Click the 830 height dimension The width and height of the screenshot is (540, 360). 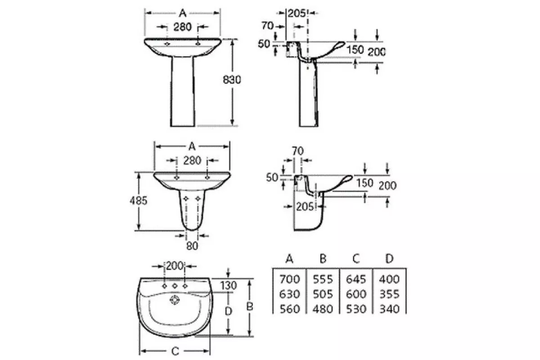click(232, 80)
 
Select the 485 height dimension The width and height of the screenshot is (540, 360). click(139, 201)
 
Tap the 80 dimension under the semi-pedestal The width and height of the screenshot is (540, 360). click(192, 246)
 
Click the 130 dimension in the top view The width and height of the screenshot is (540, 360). click(229, 285)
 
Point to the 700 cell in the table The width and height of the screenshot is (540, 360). click(289, 279)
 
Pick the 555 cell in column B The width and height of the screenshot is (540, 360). click(323, 279)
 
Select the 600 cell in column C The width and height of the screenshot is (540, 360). click(356, 294)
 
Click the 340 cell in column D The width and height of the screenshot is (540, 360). click(389, 309)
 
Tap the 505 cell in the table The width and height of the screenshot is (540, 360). click(323, 294)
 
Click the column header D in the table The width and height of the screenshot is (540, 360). click(389, 259)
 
